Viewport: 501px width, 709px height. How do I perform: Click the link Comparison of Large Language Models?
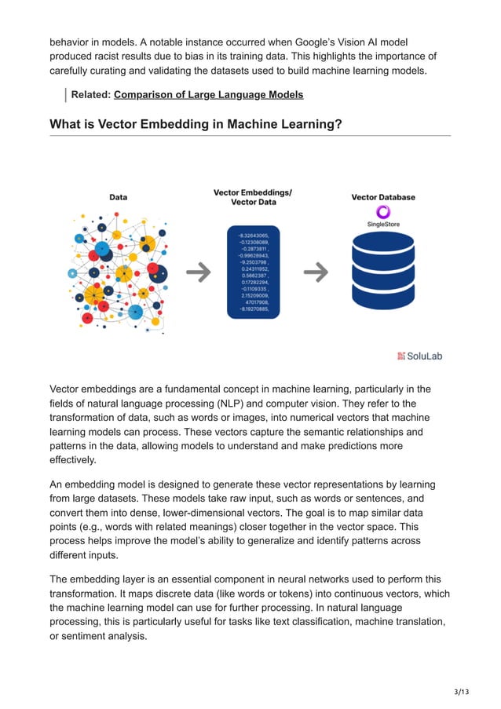208,95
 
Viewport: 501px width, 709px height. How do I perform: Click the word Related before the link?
90,95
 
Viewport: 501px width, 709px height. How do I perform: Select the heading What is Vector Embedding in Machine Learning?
196,124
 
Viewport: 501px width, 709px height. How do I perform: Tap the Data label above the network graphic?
118,197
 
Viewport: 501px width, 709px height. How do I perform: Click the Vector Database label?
383,197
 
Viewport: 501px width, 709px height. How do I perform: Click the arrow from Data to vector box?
198,272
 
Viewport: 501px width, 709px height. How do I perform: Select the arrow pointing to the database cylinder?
316,272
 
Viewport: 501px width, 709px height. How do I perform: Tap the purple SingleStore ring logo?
383,212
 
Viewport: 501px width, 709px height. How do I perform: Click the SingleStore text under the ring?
383,225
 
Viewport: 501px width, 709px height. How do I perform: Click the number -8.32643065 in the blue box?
253,235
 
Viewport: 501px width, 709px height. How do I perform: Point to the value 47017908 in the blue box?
256,302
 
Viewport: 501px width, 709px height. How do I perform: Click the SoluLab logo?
420,356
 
